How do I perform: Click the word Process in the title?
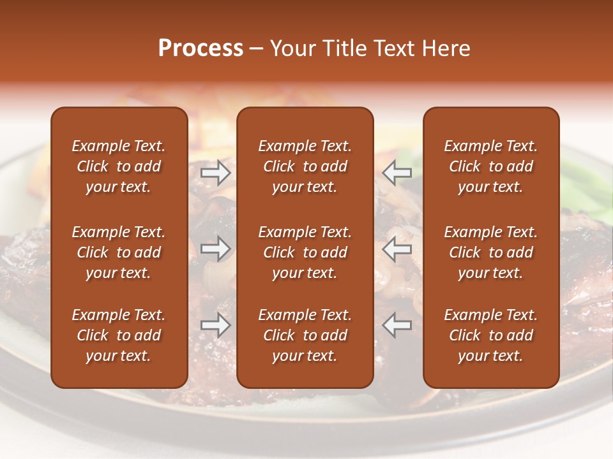click(201, 48)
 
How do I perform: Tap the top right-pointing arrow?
click(215, 172)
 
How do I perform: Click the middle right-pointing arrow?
click(215, 249)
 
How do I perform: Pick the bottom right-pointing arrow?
click(215, 325)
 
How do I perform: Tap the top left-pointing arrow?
click(397, 172)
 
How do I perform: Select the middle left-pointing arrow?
click(397, 249)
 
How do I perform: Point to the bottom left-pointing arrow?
click(397, 325)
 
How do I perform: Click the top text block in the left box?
click(119, 166)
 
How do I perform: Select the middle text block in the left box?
click(119, 252)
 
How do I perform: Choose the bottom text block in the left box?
click(119, 335)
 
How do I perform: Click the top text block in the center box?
click(305, 166)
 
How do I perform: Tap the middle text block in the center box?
click(305, 252)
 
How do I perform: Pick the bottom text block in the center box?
click(305, 335)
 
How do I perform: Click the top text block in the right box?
click(490, 166)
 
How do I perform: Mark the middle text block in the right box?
click(490, 252)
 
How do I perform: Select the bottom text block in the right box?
click(490, 335)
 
